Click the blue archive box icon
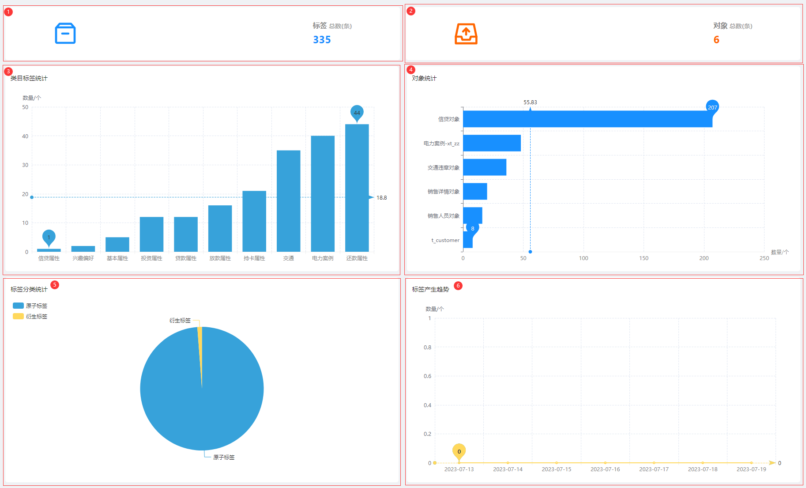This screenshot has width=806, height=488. coord(65,34)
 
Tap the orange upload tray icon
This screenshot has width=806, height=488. coord(466,34)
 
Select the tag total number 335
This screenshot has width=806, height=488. coord(322,40)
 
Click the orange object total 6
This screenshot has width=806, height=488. coord(716,40)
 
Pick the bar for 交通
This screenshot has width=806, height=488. coord(288,201)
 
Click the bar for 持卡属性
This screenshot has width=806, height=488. coord(254,221)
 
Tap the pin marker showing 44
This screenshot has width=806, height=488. coord(357,113)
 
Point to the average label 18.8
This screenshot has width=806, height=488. coord(381,198)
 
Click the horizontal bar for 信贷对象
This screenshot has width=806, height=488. coord(587,119)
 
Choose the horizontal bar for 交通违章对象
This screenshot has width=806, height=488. coord(484,167)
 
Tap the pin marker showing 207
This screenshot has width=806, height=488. coord(712,107)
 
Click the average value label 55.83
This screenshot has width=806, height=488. coord(530,102)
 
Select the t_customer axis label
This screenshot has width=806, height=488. coord(445,240)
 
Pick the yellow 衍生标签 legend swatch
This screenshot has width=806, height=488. coord(18,316)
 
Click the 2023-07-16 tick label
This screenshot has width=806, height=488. coord(605,469)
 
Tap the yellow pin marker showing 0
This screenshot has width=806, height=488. coord(459,451)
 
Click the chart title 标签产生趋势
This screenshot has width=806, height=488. coord(430,289)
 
